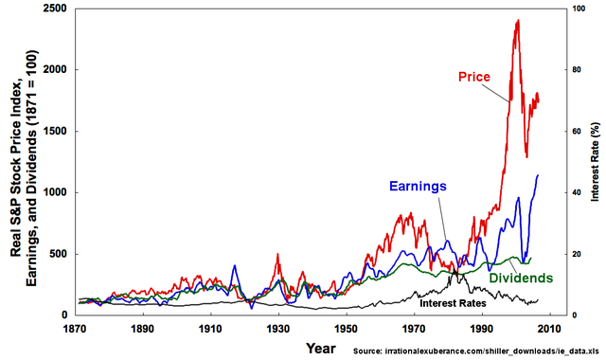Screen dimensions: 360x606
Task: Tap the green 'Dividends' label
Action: [521, 279]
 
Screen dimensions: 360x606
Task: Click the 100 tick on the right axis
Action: [573, 9]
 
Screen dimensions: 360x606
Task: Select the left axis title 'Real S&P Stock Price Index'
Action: [17, 161]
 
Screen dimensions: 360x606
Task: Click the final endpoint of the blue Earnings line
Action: [539, 174]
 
